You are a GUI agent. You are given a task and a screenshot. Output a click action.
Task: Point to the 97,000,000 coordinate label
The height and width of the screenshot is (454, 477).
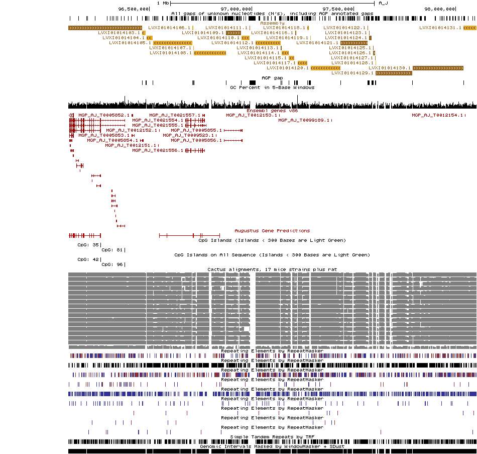point(236,9)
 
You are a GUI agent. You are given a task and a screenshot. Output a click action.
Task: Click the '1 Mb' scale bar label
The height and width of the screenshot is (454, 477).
point(163,3)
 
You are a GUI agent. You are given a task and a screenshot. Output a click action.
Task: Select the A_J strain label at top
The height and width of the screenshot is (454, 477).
point(383,3)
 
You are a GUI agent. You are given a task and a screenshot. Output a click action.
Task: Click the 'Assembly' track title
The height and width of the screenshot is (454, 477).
point(272,23)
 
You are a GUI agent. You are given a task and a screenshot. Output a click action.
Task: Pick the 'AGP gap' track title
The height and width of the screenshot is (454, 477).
point(272,78)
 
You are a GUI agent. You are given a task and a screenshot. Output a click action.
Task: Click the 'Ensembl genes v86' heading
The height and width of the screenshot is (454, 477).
point(272,110)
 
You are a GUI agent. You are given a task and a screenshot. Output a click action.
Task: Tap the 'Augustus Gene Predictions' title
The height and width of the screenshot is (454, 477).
point(272,230)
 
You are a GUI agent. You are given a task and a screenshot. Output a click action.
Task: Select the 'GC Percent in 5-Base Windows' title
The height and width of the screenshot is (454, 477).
point(272,87)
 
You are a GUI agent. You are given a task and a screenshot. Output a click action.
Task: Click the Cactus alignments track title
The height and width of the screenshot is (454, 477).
point(272,269)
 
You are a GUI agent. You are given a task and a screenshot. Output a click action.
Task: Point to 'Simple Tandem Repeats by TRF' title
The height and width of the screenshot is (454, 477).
point(272,437)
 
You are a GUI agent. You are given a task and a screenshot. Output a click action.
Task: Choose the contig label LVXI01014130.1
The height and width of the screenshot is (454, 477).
point(390,68)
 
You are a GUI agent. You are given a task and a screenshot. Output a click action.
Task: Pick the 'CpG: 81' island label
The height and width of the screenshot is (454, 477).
point(112,250)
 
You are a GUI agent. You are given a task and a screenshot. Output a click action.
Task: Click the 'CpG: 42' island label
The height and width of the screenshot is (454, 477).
point(88,259)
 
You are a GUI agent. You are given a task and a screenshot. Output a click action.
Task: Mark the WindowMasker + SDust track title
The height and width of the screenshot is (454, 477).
point(272,446)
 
